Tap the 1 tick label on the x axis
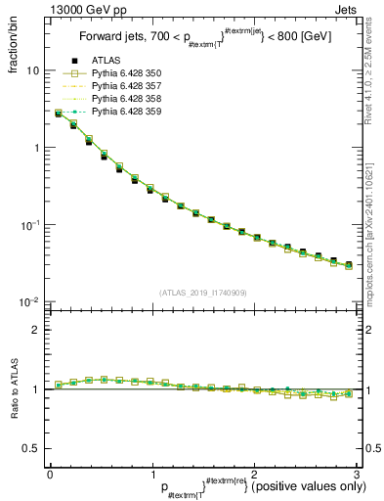[x=151, y=474]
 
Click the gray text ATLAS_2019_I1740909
[x=202, y=292]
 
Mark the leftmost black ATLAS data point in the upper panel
[x=59, y=114]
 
